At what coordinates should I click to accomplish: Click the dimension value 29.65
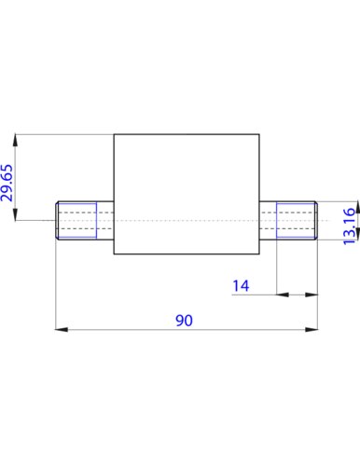coord(7,183)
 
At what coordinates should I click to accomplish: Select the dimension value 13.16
coord(349,226)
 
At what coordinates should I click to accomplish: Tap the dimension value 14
coord(241,286)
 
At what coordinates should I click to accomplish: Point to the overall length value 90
coord(184,321)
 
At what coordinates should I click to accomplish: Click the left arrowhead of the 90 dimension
coord(62,329)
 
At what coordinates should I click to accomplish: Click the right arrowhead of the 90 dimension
coord(312,329)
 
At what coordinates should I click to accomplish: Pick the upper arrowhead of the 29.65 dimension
coord(15,140)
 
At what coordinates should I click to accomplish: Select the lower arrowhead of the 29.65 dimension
coord(15,214)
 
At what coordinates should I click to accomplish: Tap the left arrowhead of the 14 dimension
coord(283,295)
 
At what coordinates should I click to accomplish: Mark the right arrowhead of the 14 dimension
coord(312,295)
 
